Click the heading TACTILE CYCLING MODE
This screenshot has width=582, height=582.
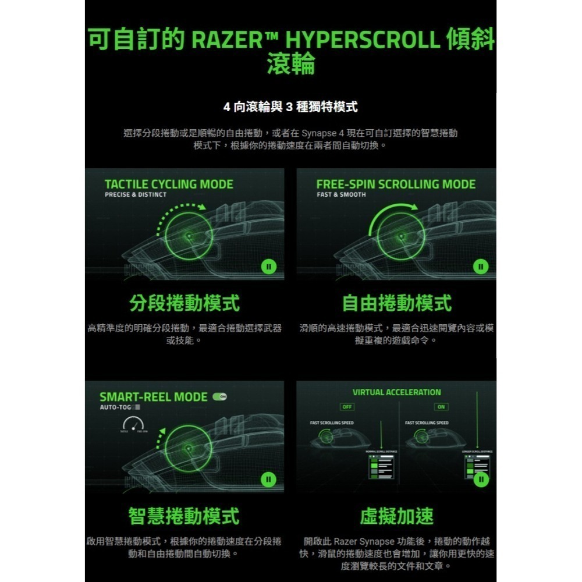[169, 184]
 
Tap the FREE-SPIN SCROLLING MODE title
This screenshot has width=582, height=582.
[396, 184]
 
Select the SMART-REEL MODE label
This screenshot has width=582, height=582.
[153, 397]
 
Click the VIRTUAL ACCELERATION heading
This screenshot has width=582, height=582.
[397, 392]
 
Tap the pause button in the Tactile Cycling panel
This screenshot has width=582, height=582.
[268, 267]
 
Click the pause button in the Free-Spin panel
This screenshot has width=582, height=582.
[480, 267]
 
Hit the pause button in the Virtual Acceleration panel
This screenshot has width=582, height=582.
[480, 479]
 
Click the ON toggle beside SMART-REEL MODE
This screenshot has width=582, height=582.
[220, 396]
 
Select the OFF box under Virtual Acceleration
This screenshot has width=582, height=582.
[347, 406]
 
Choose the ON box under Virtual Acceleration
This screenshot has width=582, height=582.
[441, 406]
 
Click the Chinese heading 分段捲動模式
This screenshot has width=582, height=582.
[184, 303]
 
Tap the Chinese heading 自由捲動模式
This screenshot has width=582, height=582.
[396, 303]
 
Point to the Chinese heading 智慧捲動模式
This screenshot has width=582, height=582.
[184, 515]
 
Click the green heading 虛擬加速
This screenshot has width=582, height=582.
[396, 515]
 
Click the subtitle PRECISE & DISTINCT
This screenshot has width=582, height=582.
[136, 195]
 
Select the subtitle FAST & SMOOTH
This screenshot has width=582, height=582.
[341, 195]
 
